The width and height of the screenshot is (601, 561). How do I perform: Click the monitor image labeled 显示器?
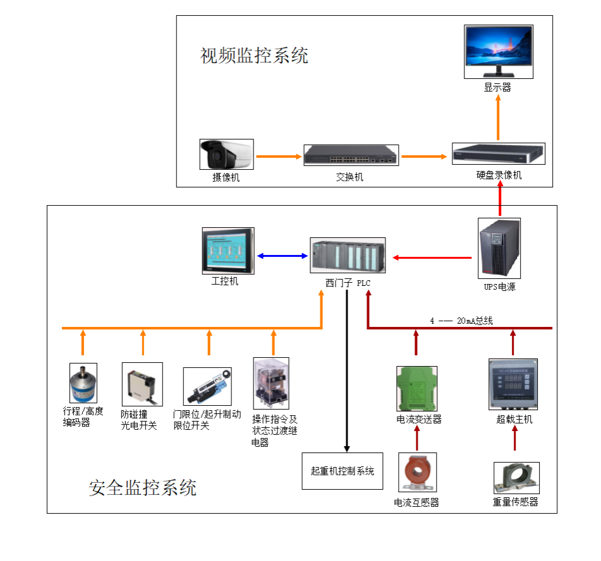(x=498, y=51)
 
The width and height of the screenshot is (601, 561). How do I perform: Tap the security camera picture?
(x=226, y=154)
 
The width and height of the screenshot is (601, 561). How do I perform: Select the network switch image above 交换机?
(x=351, y=155)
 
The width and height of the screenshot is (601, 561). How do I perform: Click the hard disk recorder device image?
(x=498, y=153)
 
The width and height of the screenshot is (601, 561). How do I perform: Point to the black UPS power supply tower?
(x=500, y=248)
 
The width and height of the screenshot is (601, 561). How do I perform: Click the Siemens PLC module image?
(x=348, y=255)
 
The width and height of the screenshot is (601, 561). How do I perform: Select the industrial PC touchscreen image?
(x=228, y=251)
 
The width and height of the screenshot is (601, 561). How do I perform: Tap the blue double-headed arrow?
(x=282, y=256)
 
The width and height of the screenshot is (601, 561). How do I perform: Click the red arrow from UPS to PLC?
(x=432, y=257)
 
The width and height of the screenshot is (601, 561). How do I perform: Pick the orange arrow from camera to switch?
(x=278, y=156)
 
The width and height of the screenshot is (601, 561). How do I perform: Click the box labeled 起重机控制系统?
(x=343, y=471)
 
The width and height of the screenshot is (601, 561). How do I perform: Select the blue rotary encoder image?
(x=83, y=383)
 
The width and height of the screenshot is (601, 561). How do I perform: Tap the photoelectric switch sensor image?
(x=142, y=384)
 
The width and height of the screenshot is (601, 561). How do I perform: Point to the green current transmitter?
(x=416, y=388)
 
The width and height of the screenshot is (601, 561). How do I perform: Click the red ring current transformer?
(x=417, y=473)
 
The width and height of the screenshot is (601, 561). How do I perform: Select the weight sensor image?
(x=516, y=478)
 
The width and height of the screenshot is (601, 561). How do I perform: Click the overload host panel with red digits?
(x=513, y=384)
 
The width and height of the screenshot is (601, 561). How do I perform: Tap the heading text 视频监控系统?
(x=254, y=56)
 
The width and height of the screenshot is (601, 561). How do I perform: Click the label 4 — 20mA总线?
(x=461, y=321)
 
